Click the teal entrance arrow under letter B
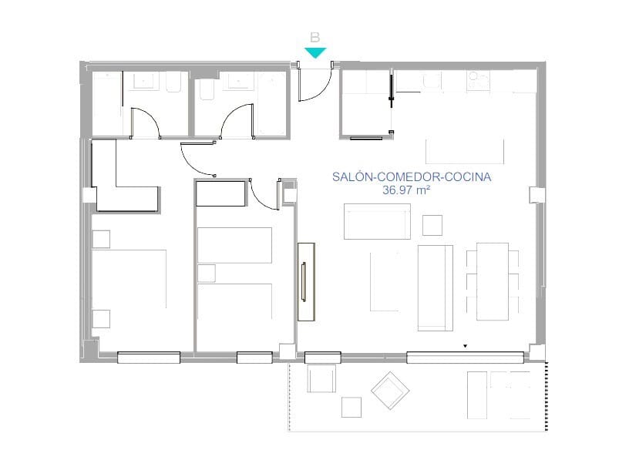tap(315, 52)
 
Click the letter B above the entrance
tap(315, 38)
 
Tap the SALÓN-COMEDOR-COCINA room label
tap(412, 177)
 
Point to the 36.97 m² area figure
tap(406, 190)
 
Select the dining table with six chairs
tap(493, 281)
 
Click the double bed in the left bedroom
tap(129, 279)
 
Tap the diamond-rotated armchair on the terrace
tap(390, 391)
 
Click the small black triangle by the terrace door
tap(466, 346)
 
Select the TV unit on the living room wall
tap(306, 281)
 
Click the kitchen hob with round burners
tap(478, 80)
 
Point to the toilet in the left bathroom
tap(173, 82)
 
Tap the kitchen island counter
tap(465, 151)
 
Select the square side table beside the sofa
tap(432, 226)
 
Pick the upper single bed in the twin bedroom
tap(234, 246)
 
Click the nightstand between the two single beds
tap(206, 273)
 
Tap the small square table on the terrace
tap(351, 407)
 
